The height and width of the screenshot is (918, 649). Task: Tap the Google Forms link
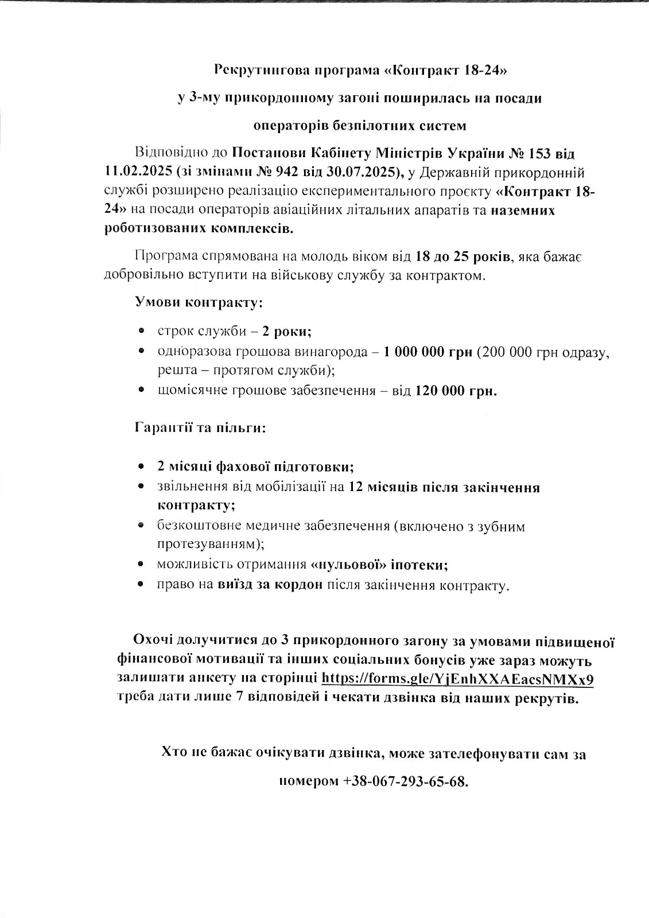tap(457, 679)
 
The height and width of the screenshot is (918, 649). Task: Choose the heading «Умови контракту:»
tap(199, 302)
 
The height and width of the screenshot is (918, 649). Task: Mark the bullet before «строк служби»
tap(142, 332)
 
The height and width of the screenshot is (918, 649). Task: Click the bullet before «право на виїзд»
tap(142, 586)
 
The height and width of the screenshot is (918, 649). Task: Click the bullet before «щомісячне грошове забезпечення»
tap(142, 391)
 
